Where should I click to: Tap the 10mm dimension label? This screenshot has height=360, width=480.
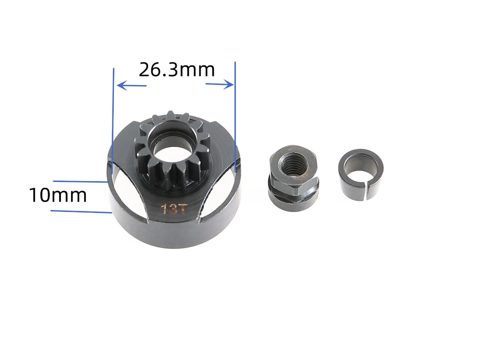(x=57, y=195)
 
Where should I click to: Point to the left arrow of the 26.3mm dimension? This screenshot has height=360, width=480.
(x=131, y=86)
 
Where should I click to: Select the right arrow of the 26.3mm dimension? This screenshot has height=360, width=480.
(x=220, y=83)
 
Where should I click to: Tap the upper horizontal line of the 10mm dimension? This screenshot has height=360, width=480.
(x=80, y=181)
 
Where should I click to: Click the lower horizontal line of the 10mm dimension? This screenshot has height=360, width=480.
(x=80, y=211)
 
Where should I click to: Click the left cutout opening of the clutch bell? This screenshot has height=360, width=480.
(x=128, y=192)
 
